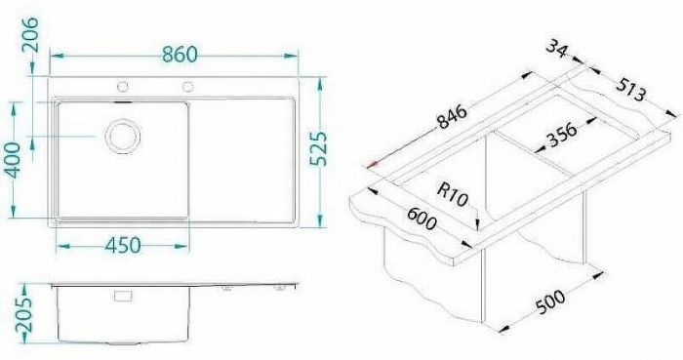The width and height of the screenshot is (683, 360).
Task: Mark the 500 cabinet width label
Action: click(x=552, y=310)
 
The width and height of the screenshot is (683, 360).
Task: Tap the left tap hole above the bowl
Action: click(x=124, y=86)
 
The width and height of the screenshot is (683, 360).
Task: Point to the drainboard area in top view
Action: click(x=244, y=156)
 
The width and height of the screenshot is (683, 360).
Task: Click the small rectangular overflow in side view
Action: click(x=122, y=296)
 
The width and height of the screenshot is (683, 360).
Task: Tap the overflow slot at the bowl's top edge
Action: click(x=124, y=99)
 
